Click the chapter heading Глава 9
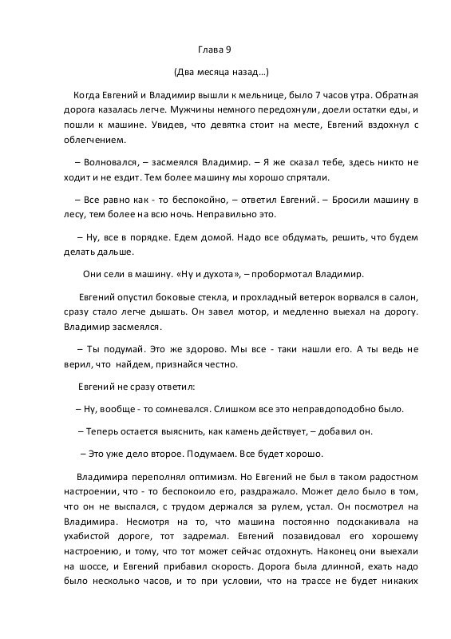pyautogui.click(x=214, y=50)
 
